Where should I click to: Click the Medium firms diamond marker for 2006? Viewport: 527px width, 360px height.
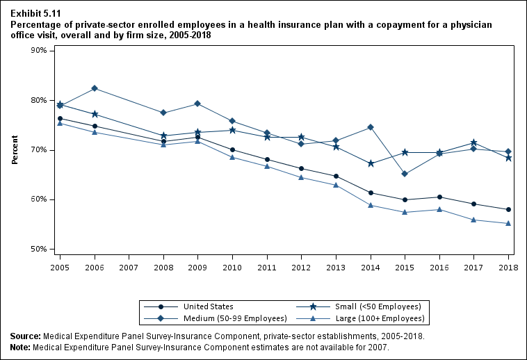point(95,88)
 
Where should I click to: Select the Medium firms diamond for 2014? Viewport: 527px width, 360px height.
point(371,127)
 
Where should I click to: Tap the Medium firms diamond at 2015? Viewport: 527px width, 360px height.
point(405,174)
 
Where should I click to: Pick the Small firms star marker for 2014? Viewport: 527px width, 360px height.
point(371,163)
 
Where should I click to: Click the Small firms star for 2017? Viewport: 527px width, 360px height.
point(473,143)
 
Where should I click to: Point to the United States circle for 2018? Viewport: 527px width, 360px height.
point(508,210)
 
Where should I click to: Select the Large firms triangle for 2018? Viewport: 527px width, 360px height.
point(508,223)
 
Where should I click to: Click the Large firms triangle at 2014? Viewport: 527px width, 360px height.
point(371,205)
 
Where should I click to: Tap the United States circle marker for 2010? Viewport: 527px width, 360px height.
point(232,149)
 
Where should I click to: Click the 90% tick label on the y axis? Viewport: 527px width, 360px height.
point(38,51)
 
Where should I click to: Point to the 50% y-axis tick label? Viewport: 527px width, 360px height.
point(38,249)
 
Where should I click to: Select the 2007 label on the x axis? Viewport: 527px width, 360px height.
point(129,267)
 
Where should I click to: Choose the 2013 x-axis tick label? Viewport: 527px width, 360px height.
point(336,267)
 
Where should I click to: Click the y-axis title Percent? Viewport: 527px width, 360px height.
point(15,150)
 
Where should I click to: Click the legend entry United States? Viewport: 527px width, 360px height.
point(208,306)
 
